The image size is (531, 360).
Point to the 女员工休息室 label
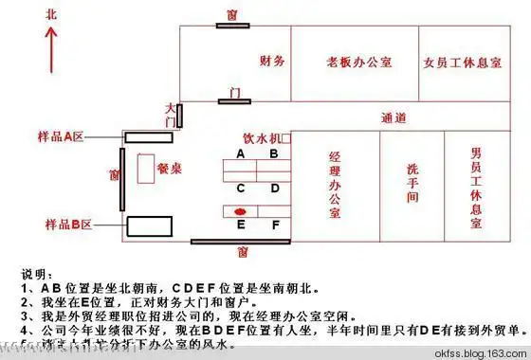click(460, 63)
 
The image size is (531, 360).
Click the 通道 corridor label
click(394, 117)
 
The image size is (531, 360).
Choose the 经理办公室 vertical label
click(335, 184)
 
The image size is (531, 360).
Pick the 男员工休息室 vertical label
click(476, 187)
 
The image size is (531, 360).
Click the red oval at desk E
click(241, 210)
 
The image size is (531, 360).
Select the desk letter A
click(241, 153)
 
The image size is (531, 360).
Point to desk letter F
click(275, 225)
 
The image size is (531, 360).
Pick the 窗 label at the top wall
click(231, 16)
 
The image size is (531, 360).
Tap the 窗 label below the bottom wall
click(244, 252)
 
